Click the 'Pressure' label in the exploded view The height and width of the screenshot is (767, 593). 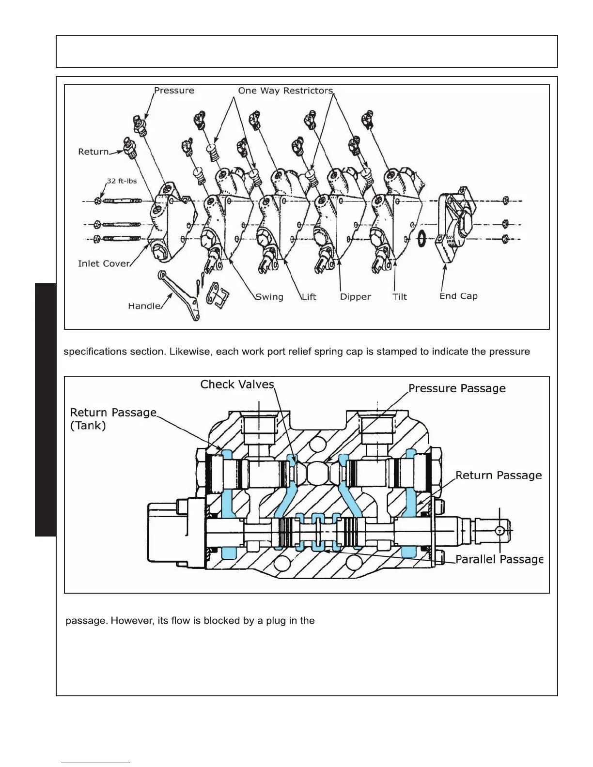coord(174,91)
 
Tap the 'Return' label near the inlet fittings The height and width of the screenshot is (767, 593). coord(94,152)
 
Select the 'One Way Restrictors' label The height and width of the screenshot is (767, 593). coord(285,91)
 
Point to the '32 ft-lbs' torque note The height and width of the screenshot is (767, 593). coord(122,181)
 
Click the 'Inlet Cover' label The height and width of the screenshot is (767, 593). coord(104,263)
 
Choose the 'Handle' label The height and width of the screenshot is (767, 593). coord(144,306)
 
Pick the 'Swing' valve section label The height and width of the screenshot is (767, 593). coord(269,297)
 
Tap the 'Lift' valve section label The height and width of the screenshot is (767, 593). coord(309,297)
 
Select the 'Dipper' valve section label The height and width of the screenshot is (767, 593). coord(355,297)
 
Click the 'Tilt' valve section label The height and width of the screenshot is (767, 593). coord(400,297)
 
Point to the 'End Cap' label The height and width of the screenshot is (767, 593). coord(458,296)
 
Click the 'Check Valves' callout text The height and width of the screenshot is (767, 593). coord(237,384)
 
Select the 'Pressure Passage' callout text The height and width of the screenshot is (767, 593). coord(457,388)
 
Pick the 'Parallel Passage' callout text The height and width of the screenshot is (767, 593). coord(499,559)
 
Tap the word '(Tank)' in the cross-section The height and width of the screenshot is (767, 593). coord(88,426)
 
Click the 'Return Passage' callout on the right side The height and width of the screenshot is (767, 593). coord(499,476)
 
